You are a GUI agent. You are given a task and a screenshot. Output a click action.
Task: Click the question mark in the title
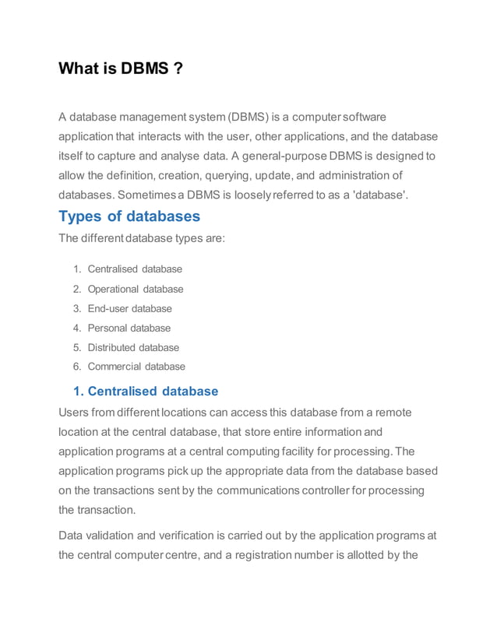click(x=178, y=69)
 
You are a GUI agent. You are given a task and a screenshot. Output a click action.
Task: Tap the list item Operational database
click(x=136, y=289)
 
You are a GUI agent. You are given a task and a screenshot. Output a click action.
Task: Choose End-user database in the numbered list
click(x=129, y=308)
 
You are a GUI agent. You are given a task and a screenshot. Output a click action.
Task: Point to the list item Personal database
click(x=129, y=328)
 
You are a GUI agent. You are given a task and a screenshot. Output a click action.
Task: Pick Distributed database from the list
click(x=133, y=347)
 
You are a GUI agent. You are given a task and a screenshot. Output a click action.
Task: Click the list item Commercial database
click(x=136, y=367)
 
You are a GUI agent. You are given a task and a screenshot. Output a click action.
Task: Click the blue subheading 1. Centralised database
click(x=140, y=391)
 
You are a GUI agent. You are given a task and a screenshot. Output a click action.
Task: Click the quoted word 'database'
click(x=381, y=193)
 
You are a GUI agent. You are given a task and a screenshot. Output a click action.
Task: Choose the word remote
click(x=390, y=412)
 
